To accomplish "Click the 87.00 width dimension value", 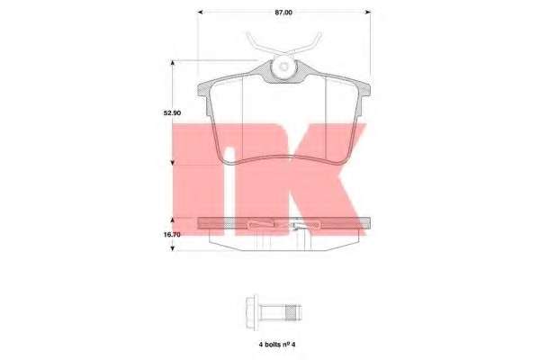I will [283, 12].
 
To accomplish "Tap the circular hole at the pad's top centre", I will [283, 67].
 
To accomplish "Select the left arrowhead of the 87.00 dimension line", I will [202, 12].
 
